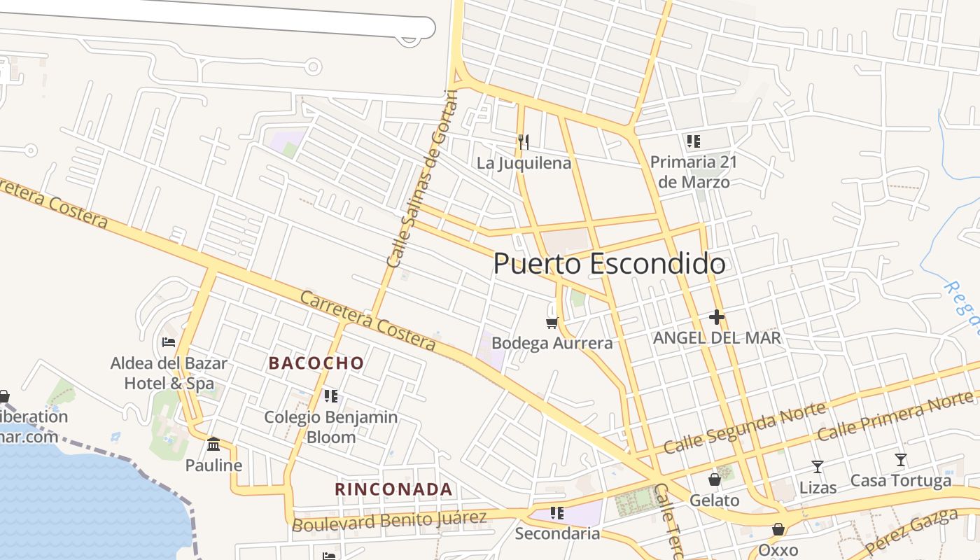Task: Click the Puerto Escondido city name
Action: (x=609, y=264)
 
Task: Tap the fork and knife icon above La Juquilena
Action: (x=524, y=142)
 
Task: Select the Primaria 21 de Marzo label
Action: (x=694, y=172)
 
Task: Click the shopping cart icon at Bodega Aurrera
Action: (x=552, y=323)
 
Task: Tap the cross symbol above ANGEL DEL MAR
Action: (x=716, y=317)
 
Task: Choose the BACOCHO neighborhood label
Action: (x=316, y=363)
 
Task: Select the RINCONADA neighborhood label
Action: (x=393, y=489)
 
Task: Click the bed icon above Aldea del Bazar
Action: (x=169, y=342)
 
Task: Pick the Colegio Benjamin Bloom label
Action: (x=330, y=427)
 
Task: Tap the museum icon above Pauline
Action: (x=213, y=444)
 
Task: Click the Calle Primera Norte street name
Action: (x=896, y=418)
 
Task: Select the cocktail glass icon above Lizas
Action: (x=817, y=467)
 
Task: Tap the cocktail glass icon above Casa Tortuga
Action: (x=901, y=461)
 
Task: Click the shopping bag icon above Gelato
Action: (x=715, y=479)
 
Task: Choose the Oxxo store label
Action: (x=778, y=550)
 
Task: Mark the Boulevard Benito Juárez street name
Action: (x=389, y=521)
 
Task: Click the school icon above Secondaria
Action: (x=557, y=513)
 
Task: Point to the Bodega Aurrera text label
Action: (x=552, y=343)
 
